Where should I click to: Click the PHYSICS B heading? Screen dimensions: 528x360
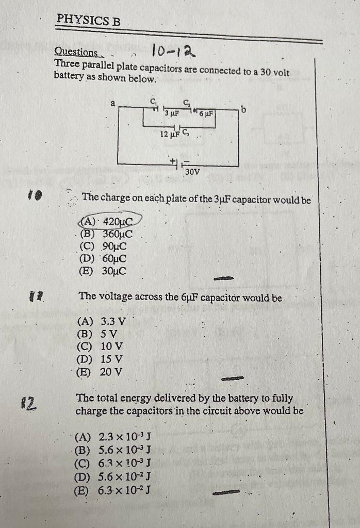(88, 20)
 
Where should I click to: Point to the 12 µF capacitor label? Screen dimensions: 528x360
(170, 134)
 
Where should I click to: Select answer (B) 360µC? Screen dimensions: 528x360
(106, 234)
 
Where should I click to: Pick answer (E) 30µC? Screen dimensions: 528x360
(103, 271)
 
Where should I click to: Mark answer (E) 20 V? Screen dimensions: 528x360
(100, 371)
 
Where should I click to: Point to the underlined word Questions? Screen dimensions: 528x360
(76, 52)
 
